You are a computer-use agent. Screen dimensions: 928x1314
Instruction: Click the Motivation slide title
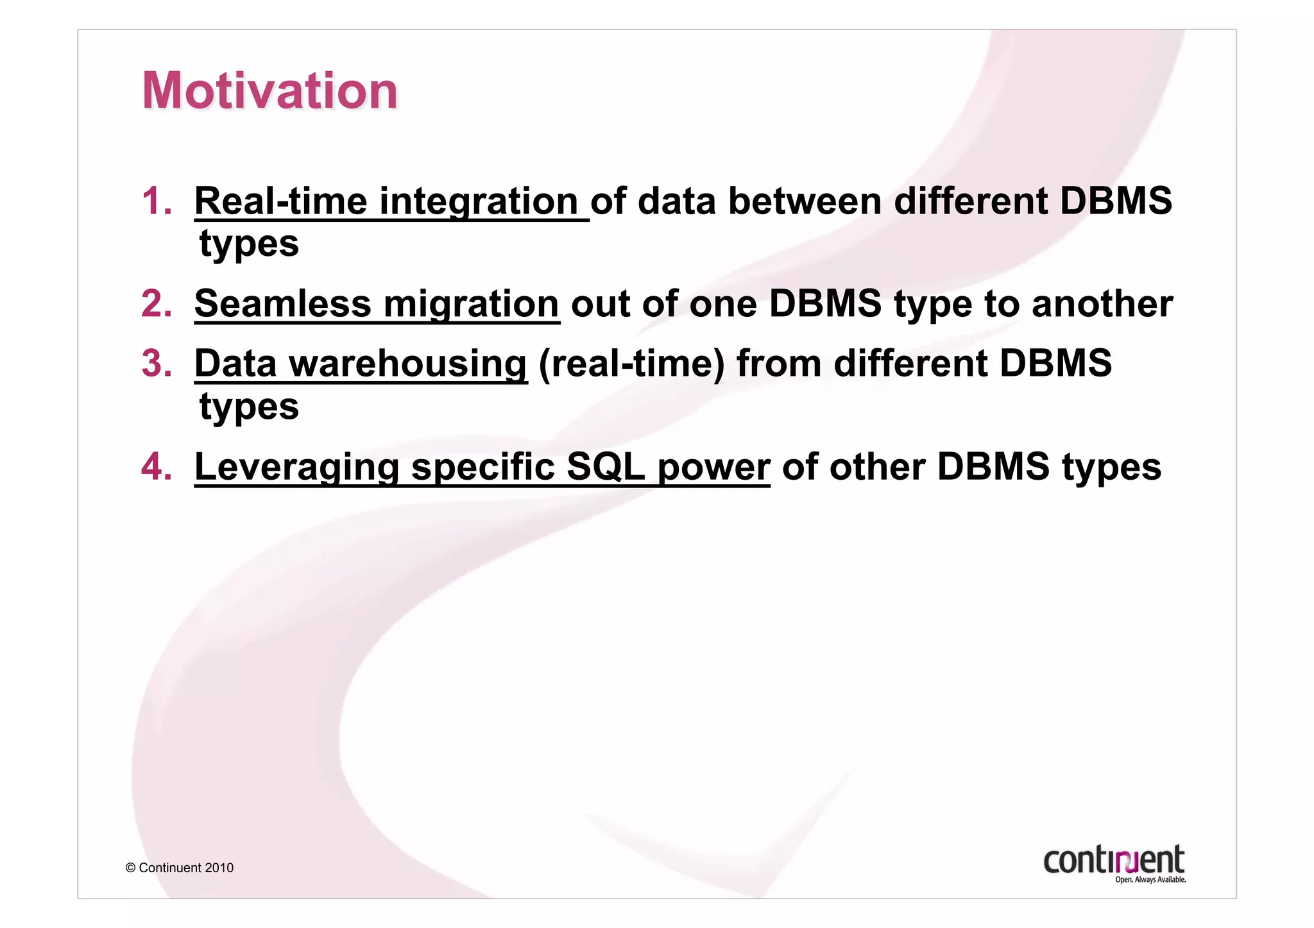click(x=269, y=90)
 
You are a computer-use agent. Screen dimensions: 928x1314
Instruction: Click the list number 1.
click(x=157, y=201)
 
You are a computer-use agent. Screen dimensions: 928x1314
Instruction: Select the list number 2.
click(x=157, y=303)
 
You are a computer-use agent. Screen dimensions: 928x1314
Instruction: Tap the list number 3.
click(x=157, y=363)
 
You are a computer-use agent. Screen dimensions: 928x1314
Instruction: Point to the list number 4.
click(x=157, y=466)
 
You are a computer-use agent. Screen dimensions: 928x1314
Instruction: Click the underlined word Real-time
click(x=280, y=201)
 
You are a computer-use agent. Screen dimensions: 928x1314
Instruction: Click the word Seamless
click(x=282, y=303)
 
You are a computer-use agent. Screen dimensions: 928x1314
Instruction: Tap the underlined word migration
click(x=471, y=303)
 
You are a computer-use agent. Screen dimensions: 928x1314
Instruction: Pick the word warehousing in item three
click(x=408, y=363)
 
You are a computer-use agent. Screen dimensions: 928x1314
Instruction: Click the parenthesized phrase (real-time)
click(x=631, y=363)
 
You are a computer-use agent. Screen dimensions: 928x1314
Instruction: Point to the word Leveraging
click(x=296, y=466)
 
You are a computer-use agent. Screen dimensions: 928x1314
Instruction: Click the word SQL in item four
click(x=606, y=466)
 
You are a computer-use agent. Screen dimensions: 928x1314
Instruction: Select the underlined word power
click(x=713, y=466)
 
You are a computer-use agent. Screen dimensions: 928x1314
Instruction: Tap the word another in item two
click(x=1102, y=303)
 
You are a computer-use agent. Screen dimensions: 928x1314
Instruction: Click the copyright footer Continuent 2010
click(x=180, y=868)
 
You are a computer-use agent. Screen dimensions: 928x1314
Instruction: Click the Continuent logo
click(x=1113, y=859)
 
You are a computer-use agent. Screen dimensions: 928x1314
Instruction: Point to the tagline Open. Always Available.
click(x=1150, y=880)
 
